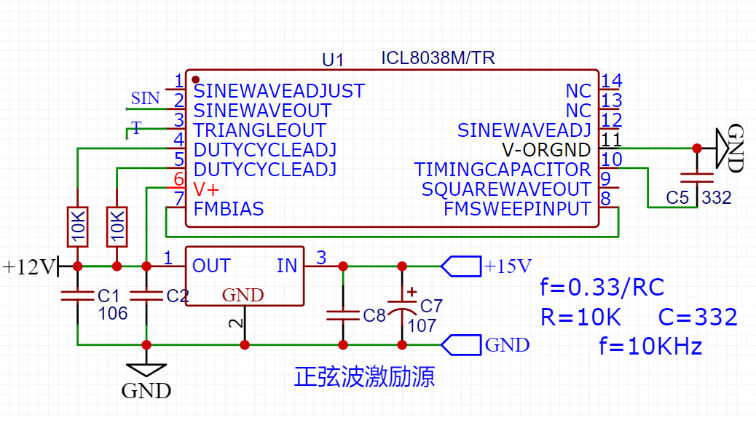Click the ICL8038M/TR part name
(438, 58)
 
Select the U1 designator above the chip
(333, 60)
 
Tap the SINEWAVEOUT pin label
(262, 111)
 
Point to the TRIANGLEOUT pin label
(259, 130)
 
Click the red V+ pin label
(206, 189)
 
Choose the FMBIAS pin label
(229, 210)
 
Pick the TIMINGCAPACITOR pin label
(503, 170)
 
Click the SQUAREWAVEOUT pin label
(506, 189)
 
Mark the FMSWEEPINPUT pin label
(517, 210)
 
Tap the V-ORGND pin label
(546, 150)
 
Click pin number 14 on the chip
(612, 81)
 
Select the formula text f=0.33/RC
(602, 288)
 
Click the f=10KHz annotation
(650, 346)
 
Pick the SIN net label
(145, 98)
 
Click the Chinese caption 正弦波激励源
(364, 376)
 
